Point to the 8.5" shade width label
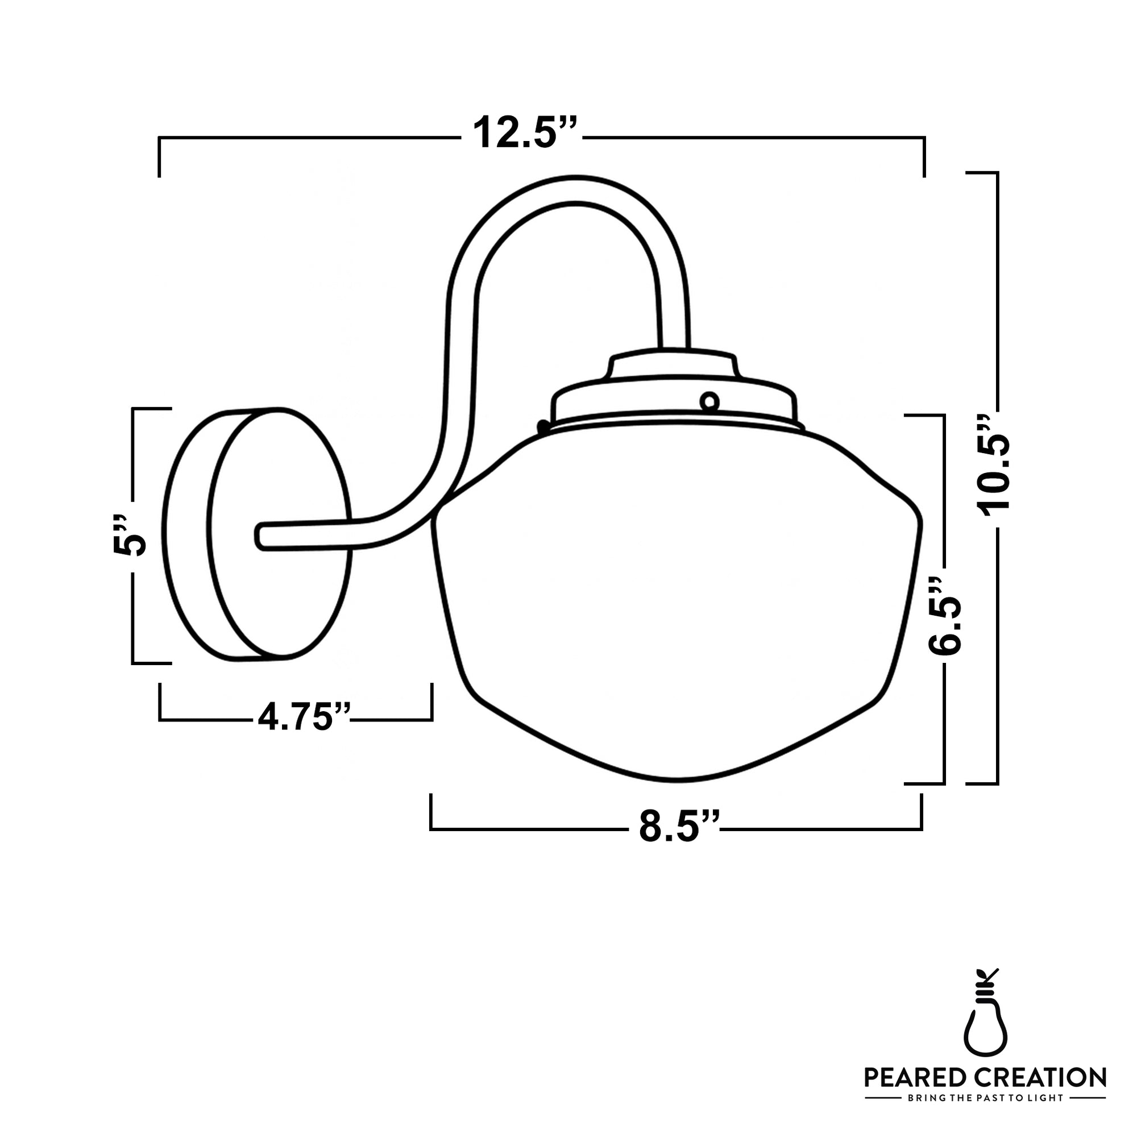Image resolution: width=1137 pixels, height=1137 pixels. [679, 826]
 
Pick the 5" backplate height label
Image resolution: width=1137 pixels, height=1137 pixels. [129, 536]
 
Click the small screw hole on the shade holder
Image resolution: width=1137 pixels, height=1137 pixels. [709, 402]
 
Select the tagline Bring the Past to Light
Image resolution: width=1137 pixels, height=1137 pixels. [985, 1098]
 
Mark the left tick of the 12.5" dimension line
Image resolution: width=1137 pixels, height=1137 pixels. [159, 156]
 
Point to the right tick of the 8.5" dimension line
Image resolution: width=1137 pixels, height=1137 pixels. [921, 811]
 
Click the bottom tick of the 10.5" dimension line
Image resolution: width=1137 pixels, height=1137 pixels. [982, 783]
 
